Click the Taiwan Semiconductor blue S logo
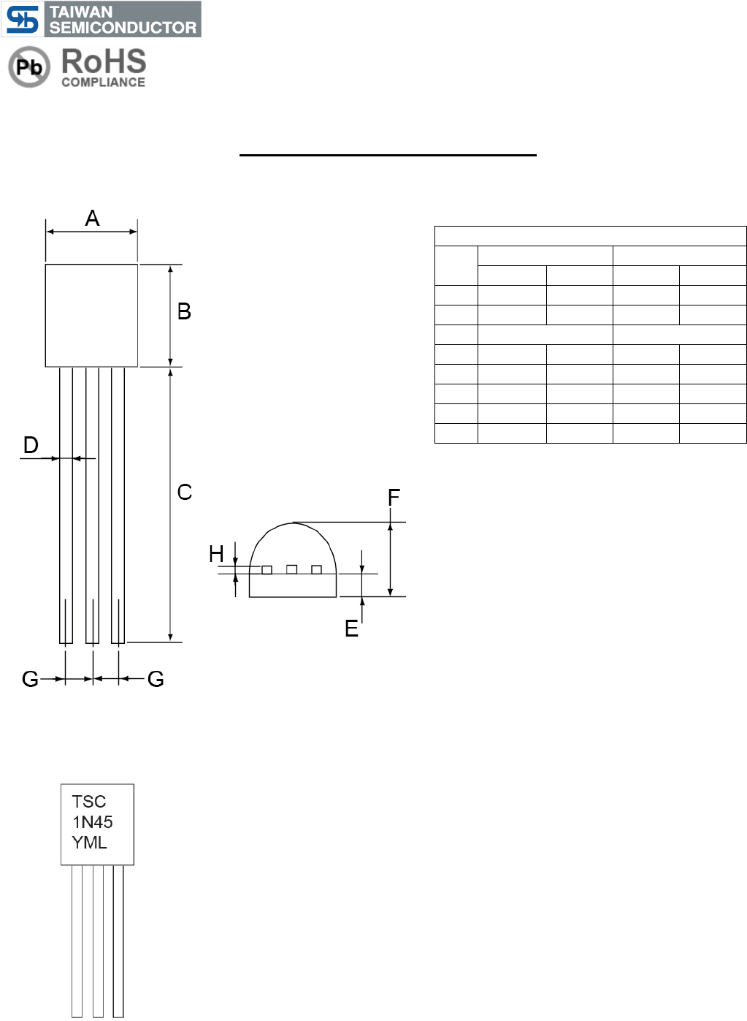23,19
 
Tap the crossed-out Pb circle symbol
29,67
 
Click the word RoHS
104,61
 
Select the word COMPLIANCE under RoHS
104,82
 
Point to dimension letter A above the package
93,218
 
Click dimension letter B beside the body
184,311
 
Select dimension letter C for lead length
185,493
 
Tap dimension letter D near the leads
31,445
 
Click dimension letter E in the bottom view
351,629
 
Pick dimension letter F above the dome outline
394,497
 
